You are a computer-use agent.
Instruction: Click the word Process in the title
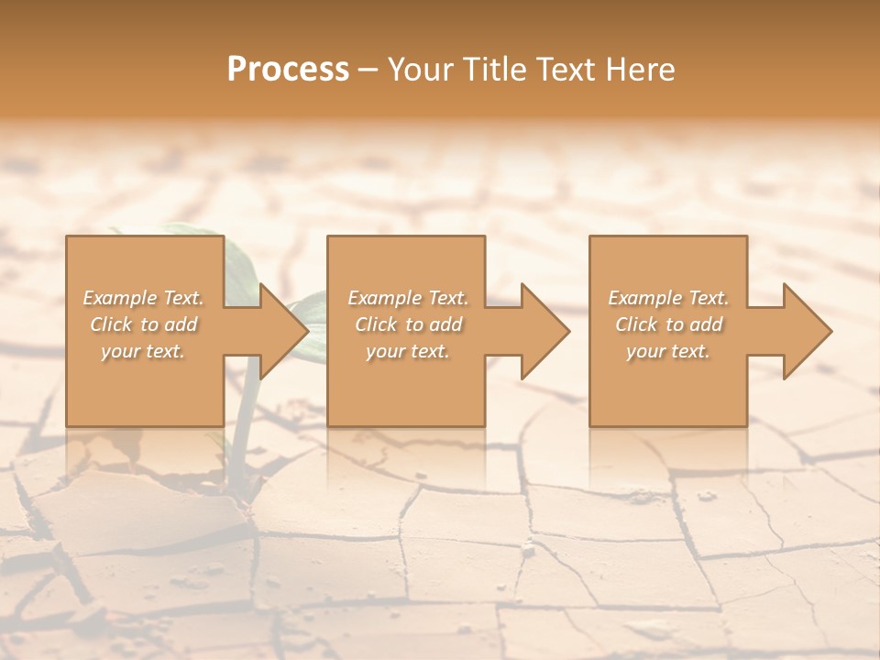288,70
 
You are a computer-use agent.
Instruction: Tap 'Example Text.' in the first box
143,298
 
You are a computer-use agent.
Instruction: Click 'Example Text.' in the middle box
408,298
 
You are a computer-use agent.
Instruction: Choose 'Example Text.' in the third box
668,298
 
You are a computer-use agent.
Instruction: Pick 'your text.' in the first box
143,351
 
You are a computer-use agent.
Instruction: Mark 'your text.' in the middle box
408,351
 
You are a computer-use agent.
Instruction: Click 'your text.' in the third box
668,351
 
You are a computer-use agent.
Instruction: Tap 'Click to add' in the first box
143,324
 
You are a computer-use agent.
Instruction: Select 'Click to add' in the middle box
408,324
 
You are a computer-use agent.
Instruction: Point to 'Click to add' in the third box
668,324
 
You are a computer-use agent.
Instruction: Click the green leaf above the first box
183,229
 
